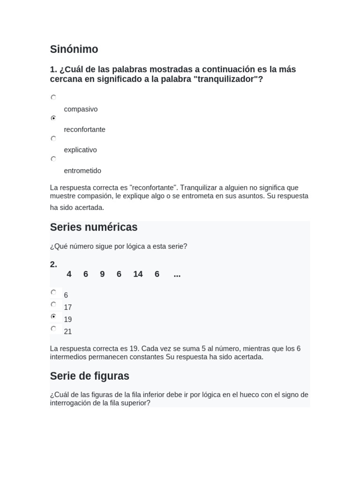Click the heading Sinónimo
click(74, 49)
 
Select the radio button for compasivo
click(53, 97)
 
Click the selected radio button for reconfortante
click(53, 118)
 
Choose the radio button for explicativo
click(53, 139)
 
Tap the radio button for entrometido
click(53, 159)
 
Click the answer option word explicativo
click(80, 150)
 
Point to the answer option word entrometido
click(82, 171)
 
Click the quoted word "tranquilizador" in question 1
click(225, 80)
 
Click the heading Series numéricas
click(94, 227)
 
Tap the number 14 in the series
click(138, 274)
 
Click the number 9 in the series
click(102, 274)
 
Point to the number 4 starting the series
click(69, 274)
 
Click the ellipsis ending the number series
click(177, 274)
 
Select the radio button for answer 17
click(53, 304)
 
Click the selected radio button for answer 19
click(53, 316)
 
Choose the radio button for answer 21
click(53, 329)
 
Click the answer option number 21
click(68, 332)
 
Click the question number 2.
click(53, 264)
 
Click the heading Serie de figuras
click(90, 376)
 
